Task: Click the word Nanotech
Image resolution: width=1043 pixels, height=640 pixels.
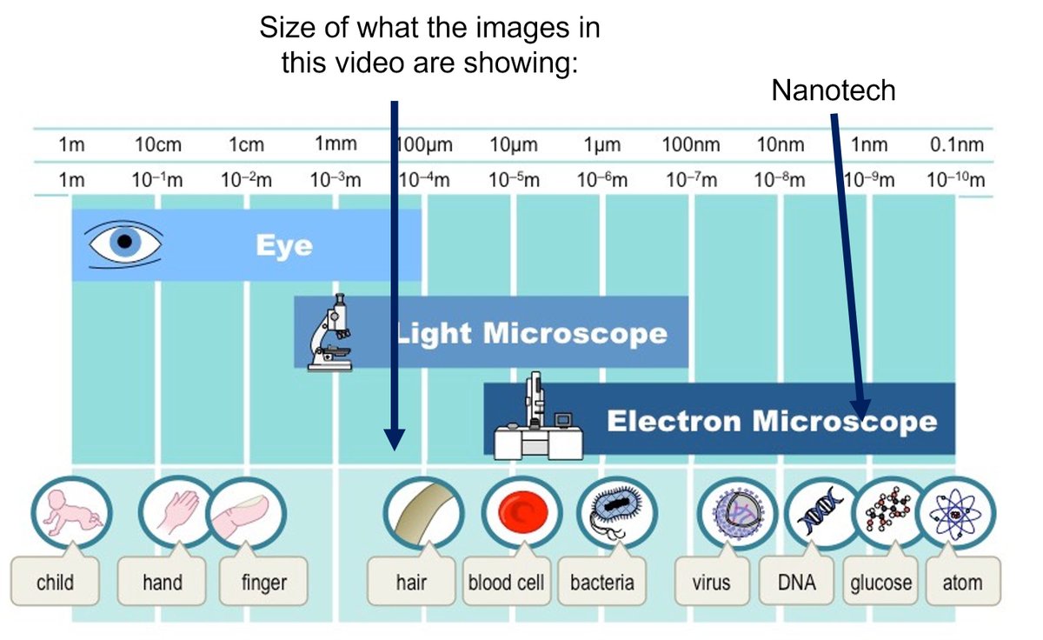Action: [834, 90]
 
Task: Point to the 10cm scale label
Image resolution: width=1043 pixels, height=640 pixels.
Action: [158, 145]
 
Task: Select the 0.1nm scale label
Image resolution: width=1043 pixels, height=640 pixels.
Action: [956, 145]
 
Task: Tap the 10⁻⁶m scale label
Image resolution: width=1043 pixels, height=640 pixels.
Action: [601, 181]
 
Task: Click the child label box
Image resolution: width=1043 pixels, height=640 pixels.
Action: [55, 582]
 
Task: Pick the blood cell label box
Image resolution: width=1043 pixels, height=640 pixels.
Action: [505, 582]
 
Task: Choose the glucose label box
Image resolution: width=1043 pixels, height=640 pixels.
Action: [881, 582]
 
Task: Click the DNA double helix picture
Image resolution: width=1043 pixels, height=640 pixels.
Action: [820, 513]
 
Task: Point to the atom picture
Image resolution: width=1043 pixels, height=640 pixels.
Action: [955, 513]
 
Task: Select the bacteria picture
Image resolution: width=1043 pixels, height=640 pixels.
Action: [614, 513]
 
